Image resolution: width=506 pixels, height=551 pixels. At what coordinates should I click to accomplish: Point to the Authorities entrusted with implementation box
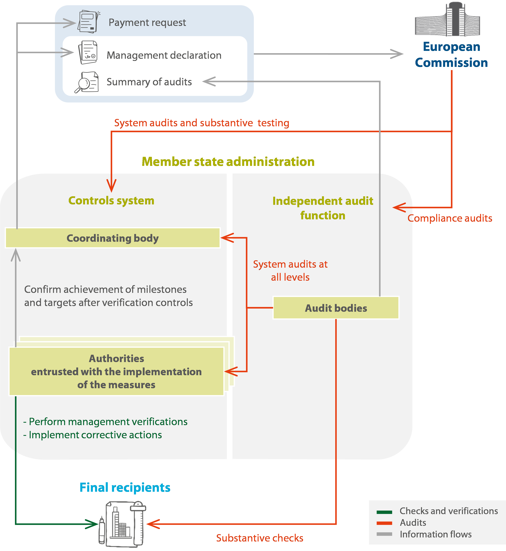[116, 372]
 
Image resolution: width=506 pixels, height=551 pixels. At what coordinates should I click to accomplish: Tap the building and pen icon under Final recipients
[122, 524]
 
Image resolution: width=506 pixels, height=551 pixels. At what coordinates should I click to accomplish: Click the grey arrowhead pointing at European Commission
[397, 54]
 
